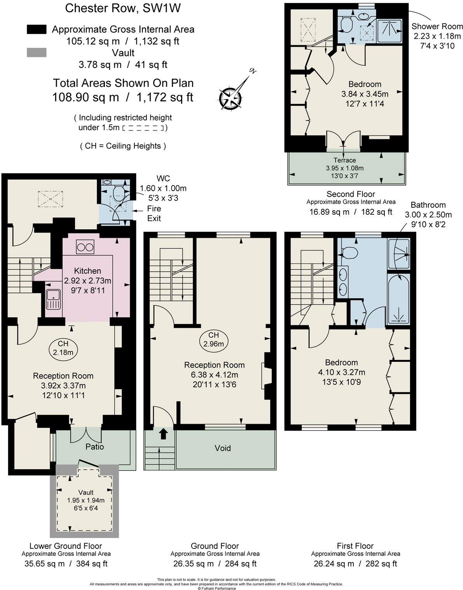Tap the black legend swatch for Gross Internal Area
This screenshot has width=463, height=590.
pyautogui.click(x=37, y=29)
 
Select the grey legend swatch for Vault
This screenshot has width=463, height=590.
pyautogui.click(x=37, y=52)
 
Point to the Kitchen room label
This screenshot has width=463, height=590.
pyautogui.click(x=88, y=271)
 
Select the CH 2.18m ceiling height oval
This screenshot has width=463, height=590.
pyautogui.click(x=63, y=348)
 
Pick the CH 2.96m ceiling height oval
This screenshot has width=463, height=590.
pyautogui.click(x=214, y=340)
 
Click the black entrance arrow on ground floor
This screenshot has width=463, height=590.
pyautogui.click(x=164, y=433)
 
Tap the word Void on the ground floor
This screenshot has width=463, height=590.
pyautogui.click(x=223, y=448)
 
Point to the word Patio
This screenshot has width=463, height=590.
pyautogui.click(x=95, y=447)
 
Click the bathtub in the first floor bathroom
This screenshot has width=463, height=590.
pyautogui.click(x=399, y=299)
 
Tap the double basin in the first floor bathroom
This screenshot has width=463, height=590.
pyautogui.click(x=343, y=281)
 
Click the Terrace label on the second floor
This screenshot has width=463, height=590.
pyautogui.click(x=345, y=160)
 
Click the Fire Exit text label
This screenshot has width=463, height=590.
pyautogui.click(x=154, y=213)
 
